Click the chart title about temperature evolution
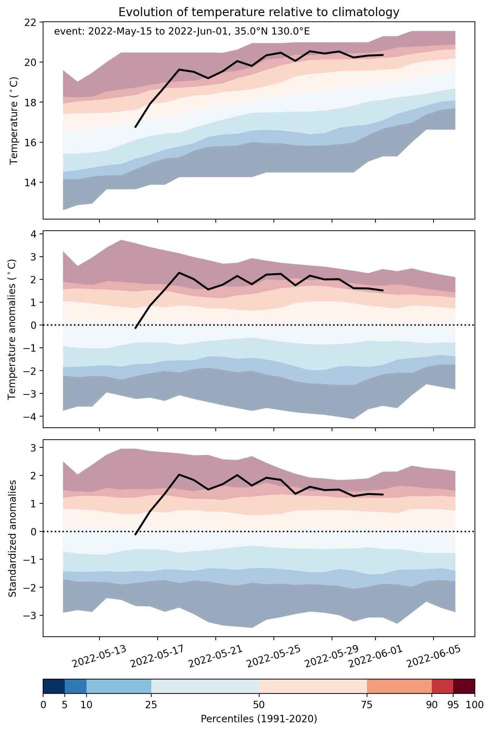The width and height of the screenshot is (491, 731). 259,12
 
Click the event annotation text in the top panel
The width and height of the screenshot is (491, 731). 182,32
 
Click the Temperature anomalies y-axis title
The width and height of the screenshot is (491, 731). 12,329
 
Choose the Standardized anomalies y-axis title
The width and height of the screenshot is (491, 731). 12,538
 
